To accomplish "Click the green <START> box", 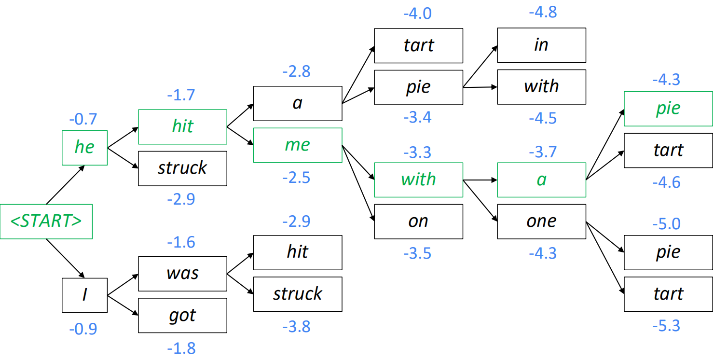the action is pyautogui.click(x=46, y=222).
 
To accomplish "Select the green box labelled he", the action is pyautogui.click(x=84, y=148).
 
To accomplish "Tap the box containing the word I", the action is pyautogui.click(x=84, y=295).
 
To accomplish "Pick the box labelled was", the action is pyautogui.click(x=183, y=274).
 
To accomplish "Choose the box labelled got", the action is pyautogui.click(x=183, y=315).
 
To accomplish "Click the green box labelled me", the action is pyautogui.click(x=298, y=145).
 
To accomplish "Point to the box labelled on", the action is pyautogui.click(x=419, y=222).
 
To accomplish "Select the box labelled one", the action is pyautogui.click(x=542, y=222).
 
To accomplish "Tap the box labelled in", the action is pyautogui.click(x=542, y=45).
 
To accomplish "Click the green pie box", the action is pyautogui.click(x=669, y=109).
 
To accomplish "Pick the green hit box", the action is pyautogui.click(x=183, y=126).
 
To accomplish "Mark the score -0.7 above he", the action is pyautogui.click(x=83, y=119).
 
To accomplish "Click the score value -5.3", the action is pyautogui.click(x=666, y=326).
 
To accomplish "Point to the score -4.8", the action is pyautogui.click(x=543, y=12).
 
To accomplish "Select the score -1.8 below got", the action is pyautogui.click(x=181, y=348).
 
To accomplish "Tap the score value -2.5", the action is pyautogui.click(x=296, y=178).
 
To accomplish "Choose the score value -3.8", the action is pyautogui.click(x=296, y=327).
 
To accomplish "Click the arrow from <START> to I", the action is pyautogui.click(x=65, y=258).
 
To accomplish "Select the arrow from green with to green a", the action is pyautogui.click(x=480, y=180).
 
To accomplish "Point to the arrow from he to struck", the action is pyautogui.click(x=123, y=158).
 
